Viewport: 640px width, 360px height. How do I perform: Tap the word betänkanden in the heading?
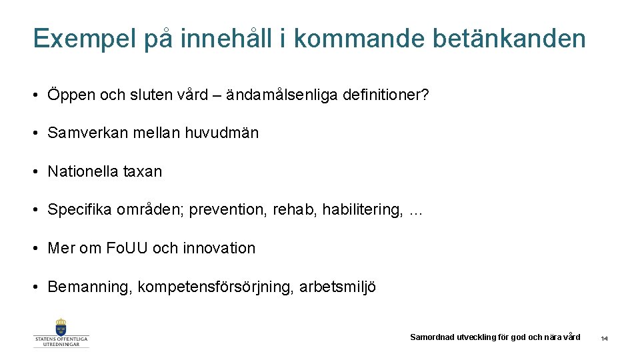point(509,39)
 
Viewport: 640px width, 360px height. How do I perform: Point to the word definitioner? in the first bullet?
point(386,95)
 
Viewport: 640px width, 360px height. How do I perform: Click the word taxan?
point(143,171)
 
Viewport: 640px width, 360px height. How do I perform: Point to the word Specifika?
point(79,210)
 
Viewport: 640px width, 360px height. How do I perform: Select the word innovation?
point(220,248)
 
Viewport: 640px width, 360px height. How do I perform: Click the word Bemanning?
point(89,287)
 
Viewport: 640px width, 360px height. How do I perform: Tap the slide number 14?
point(604,339)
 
